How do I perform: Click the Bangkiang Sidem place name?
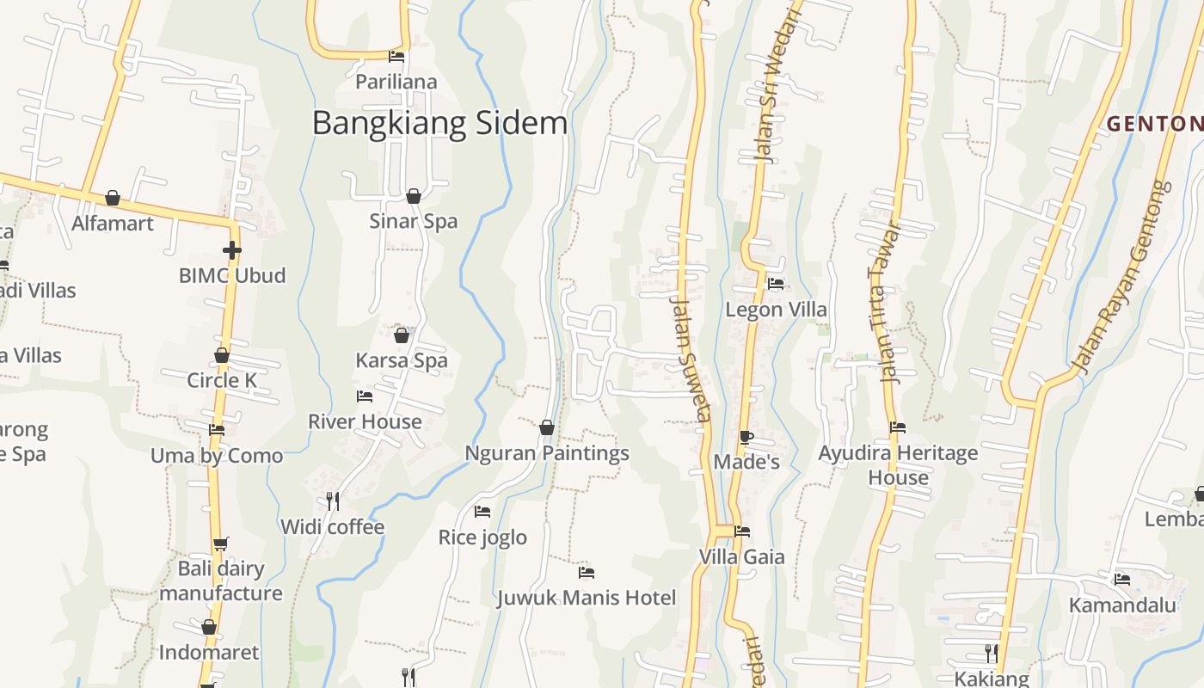tap(439, 124)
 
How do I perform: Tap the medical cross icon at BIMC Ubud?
tap(231, 250)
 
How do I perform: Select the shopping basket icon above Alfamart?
tap(113, 199)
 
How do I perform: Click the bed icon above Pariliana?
tap(396, 57)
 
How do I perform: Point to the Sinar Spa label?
tap(413, 221)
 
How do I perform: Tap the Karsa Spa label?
tap(402, 360)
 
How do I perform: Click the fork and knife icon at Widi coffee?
tap(333, 501)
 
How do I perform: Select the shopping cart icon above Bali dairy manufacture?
tap(221, 544)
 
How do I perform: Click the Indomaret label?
tap(209, 652)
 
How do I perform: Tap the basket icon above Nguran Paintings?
tap(547, 427)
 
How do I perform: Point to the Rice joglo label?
tap(482, 537)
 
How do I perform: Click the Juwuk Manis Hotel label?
tap(587, 598)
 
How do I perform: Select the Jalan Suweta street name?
tap(691, 361)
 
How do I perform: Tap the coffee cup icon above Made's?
tap(746, 437)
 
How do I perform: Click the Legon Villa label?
tap(776, 310)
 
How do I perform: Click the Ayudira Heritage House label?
tap(898, 464)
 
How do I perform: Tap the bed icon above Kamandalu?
tap(1122, 580)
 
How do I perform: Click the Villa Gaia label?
tap(741, 556)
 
